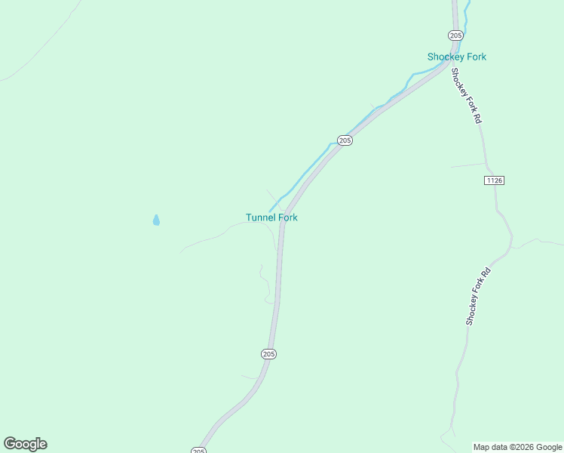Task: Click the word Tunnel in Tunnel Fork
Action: pyautogui.click(x=260, y=217)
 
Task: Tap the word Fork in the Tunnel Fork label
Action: pyautogui.click(x=288, y=217)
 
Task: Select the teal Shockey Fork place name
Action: pyautogui.click(x=456, y=57)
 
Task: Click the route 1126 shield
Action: pyautogui.click(x=494, y=180)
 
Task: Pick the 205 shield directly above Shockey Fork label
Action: pyautogui.click(x=455, y=35)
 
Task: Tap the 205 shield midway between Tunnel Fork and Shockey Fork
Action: pyautogui.click(x=345, y=140)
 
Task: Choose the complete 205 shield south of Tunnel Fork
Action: pyautogui.click(x=269, y=353)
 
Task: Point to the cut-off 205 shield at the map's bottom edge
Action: pyautogui.click(x=198, y=450)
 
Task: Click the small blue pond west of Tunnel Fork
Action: pyautogui.click(x=156, y=220)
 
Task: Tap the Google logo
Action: pyautogui.click(x=25, y=444)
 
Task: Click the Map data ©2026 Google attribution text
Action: pyautogui.click(x=517, y=447)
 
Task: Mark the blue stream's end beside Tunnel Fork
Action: pyautogui.click(x=270, y=211)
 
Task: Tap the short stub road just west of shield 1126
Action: pyautogui.click(x=467, y=165)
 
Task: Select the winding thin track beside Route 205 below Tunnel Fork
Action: pyautogui.click(x=265, y=283)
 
